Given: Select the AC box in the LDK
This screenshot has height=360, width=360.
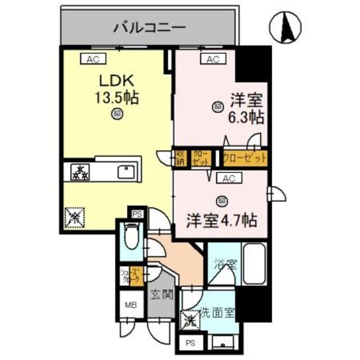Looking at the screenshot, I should point(92,58).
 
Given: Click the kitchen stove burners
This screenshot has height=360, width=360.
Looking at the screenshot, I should point(79,172).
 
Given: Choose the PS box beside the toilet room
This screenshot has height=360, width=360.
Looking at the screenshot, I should point(137,214).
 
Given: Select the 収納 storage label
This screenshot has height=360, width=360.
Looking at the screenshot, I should point(180,157).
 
